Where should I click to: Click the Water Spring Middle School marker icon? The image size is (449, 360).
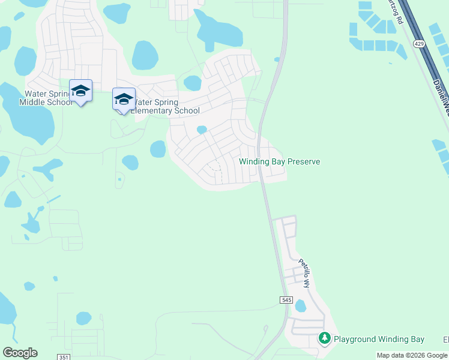[80, 91]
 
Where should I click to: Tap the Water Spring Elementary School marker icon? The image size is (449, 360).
[124, 100]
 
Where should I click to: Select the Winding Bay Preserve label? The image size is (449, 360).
[279, 162]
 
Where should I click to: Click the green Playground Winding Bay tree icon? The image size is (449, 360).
[325, 339]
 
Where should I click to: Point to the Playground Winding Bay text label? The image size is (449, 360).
[379, 340]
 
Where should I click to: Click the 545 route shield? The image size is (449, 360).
[286, 299]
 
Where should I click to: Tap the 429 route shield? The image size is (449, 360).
[420, 44]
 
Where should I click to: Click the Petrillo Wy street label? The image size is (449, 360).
[304, 273]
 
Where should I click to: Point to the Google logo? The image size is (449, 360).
[20, 353]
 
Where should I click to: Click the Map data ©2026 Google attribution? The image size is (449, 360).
[412, 355]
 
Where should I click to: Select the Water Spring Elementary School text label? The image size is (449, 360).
[165, 106]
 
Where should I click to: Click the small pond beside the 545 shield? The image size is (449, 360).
[300, 307]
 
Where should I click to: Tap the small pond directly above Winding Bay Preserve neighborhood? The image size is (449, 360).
[202, 130]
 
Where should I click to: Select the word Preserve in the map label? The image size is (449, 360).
[304, 162]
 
